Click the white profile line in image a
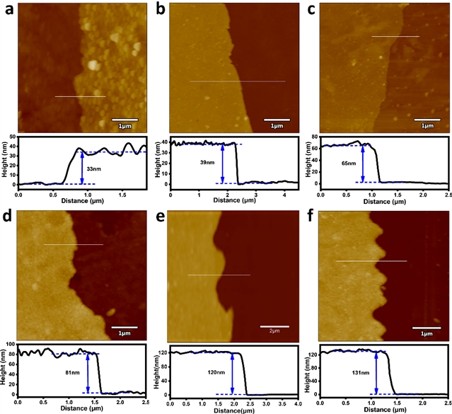[80, 96]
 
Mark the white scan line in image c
[395, 36]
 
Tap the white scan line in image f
[371, 261]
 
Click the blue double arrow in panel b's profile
[223, 163]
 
